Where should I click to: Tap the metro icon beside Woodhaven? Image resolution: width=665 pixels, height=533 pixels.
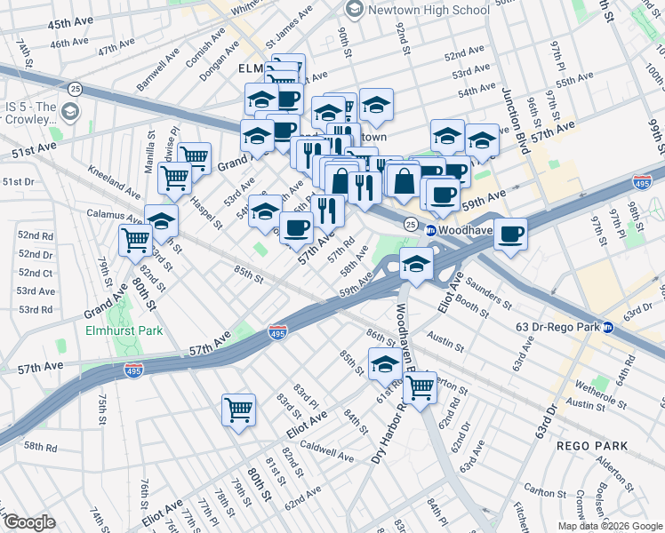430,230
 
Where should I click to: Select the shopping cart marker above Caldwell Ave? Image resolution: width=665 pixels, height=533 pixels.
238,410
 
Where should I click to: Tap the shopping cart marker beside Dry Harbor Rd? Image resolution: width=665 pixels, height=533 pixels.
420,386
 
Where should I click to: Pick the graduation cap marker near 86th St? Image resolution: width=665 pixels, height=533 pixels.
385,363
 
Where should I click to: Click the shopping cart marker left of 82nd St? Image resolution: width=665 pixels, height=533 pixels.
136,238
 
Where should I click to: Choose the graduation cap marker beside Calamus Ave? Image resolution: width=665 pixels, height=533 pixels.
161,220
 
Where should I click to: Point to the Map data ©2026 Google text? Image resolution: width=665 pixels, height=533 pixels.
609,526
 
